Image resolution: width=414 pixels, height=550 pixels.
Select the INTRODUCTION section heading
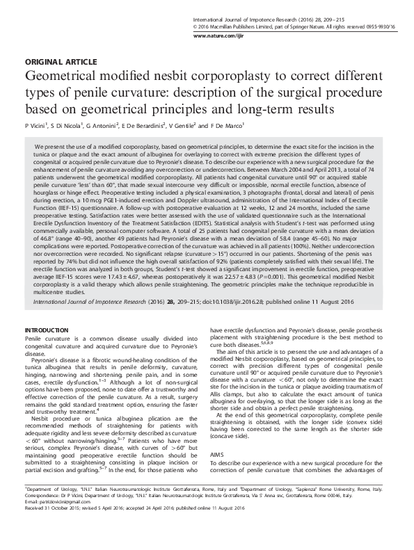pos(46,328)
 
